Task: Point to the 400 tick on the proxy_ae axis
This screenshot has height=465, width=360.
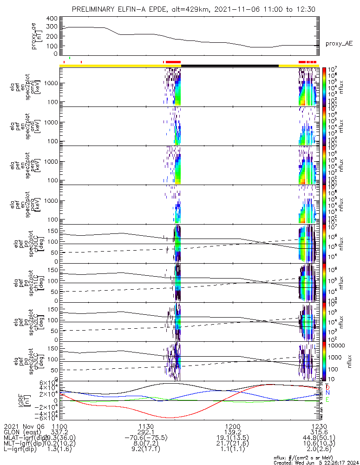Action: (x=52, y=18)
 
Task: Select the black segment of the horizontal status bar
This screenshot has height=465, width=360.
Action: (x=229, y=66)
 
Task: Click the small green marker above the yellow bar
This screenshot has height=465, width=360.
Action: (x=70, y=58)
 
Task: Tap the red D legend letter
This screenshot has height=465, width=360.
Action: (x=327, y=387)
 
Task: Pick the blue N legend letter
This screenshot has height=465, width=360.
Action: (x=327, y=393)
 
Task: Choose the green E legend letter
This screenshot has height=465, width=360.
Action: (x=327, y=399)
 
